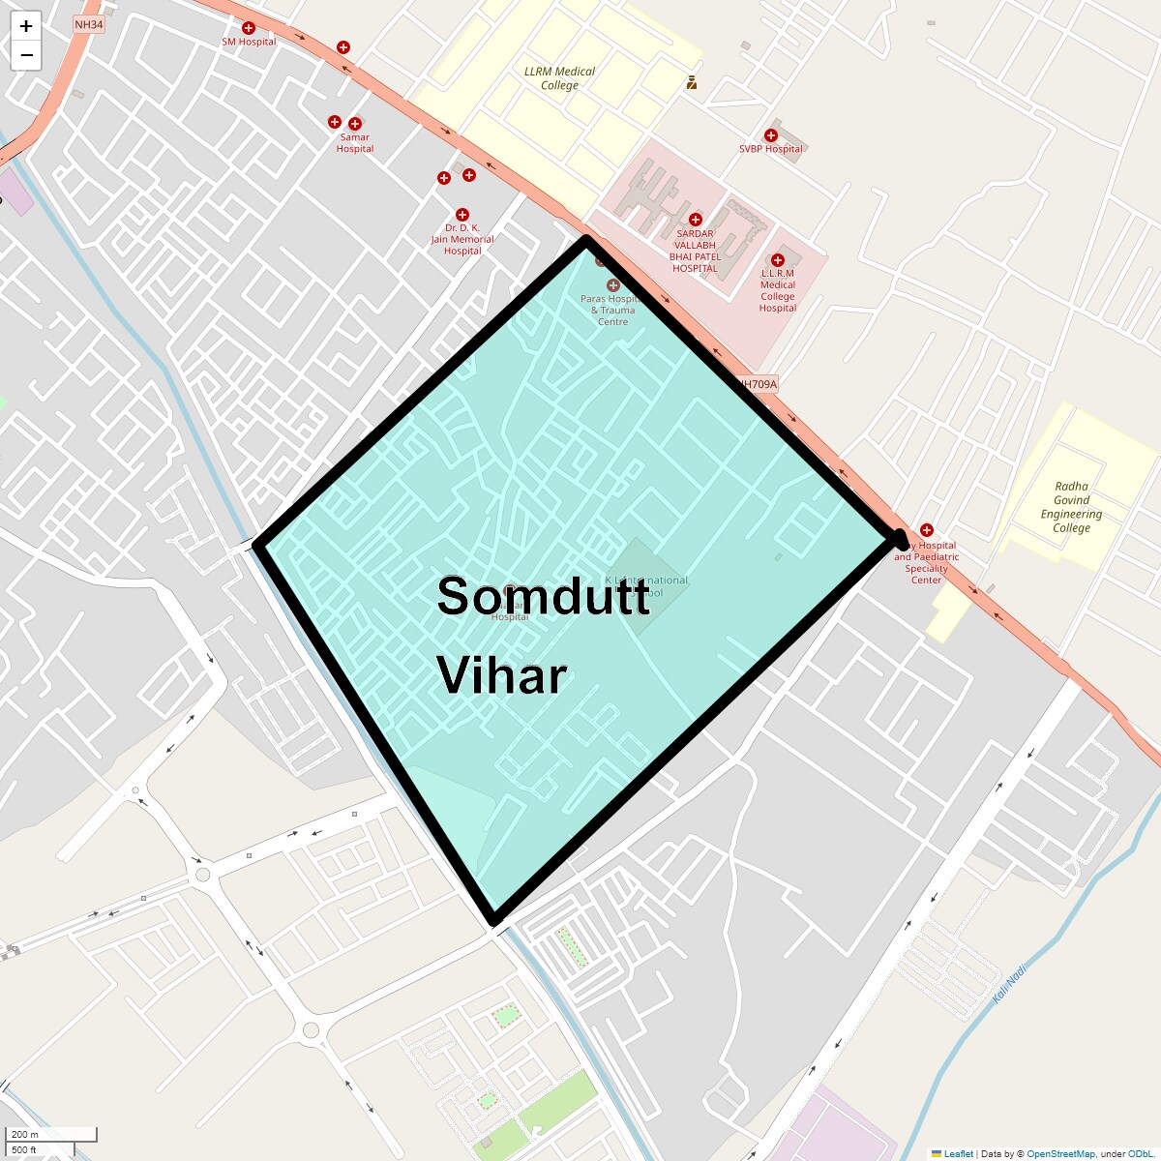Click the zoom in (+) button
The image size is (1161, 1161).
(26, 26)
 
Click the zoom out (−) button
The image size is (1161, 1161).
(26, 55)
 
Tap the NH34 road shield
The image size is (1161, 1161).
(88, 24)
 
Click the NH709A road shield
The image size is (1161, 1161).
(757, 384)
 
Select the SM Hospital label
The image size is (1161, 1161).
(249, 42)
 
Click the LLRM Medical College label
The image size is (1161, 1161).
(559, 78)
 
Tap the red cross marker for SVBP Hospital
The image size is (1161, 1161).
(771, 135)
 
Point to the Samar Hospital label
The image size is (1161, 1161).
(355, 143)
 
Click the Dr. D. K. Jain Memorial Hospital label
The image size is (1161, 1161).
(462, 239)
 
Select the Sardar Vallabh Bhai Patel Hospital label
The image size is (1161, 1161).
(695, 251)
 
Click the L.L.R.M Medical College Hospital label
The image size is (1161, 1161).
(778, 290)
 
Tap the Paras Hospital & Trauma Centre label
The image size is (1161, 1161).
(611, 310)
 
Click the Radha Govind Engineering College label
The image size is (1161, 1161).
(1071, 507)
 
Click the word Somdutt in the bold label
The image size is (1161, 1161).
(543, 596)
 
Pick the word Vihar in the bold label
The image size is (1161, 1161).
(501, 675)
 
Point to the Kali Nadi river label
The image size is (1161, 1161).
(1009, 983)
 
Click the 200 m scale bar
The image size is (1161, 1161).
(53, 1134)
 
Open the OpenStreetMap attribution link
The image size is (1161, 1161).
(1060, 1154)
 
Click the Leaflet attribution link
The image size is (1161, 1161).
(958, 1154)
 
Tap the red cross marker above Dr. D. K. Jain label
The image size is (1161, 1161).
(462, 215)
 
